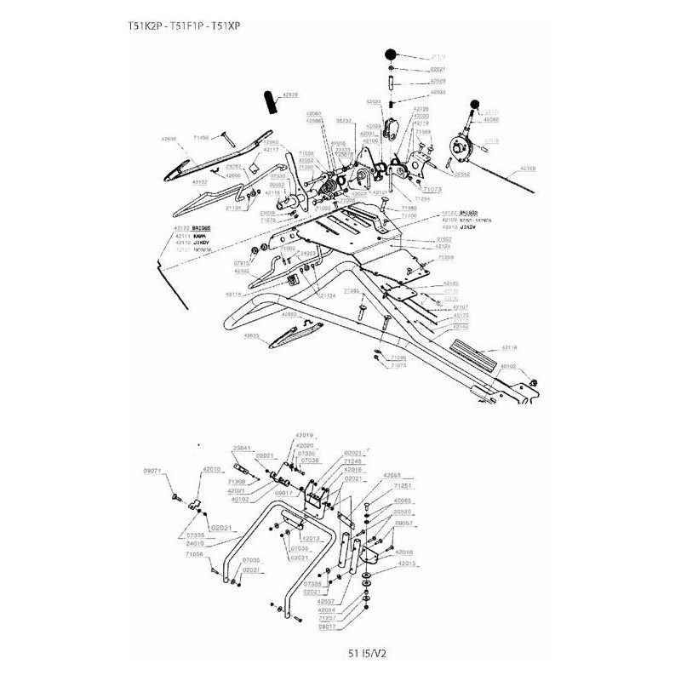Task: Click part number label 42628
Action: [x=289, y=95]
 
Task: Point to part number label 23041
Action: [x=242, y=448]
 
